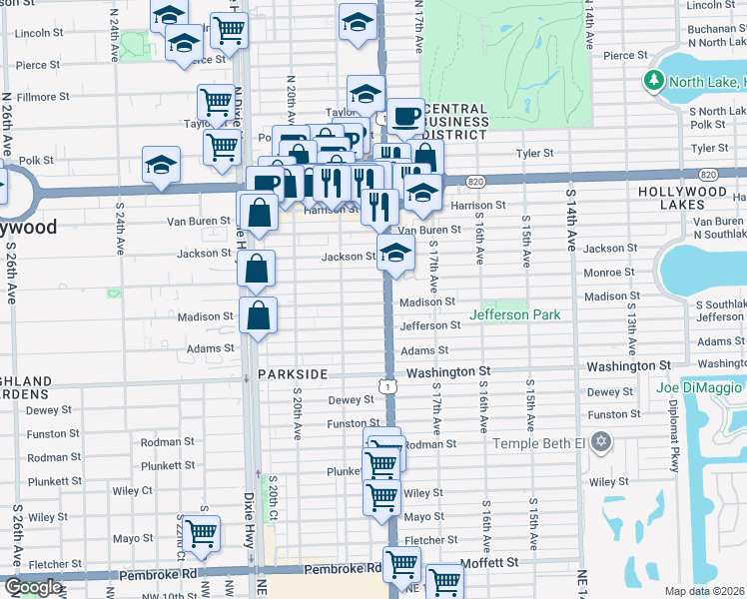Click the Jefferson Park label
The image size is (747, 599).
(515, 314)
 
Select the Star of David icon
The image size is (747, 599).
(600, 441)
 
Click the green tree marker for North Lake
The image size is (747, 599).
(654, 81)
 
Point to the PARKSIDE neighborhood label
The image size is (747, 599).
(293, 373)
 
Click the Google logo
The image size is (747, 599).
(33, 586)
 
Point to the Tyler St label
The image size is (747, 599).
(534, 153)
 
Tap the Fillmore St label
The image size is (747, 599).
(43, 97)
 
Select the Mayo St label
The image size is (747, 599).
(423, 517)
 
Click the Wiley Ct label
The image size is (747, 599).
(133, 490)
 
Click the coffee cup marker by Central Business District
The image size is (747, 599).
(404, 116)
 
